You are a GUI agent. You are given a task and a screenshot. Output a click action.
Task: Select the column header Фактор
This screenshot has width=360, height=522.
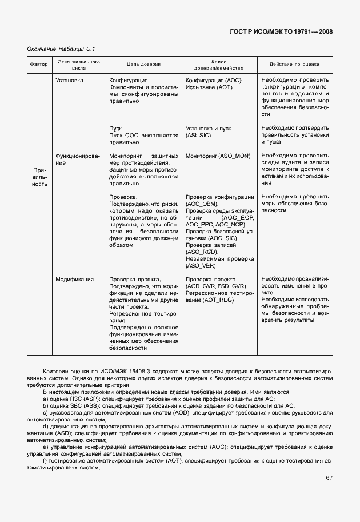pos(39,65)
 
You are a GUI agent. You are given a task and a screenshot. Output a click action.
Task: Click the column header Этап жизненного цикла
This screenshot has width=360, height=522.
pos(78,65)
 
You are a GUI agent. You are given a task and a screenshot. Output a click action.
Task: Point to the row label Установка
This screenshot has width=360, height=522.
pos(69,81)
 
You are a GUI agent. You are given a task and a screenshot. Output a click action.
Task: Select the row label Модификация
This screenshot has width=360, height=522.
pos(74,280)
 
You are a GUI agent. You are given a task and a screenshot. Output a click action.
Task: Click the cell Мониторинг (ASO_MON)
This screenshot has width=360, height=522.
pos(218,156)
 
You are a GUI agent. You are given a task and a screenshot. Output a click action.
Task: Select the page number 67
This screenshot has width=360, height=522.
pos(329,478)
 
